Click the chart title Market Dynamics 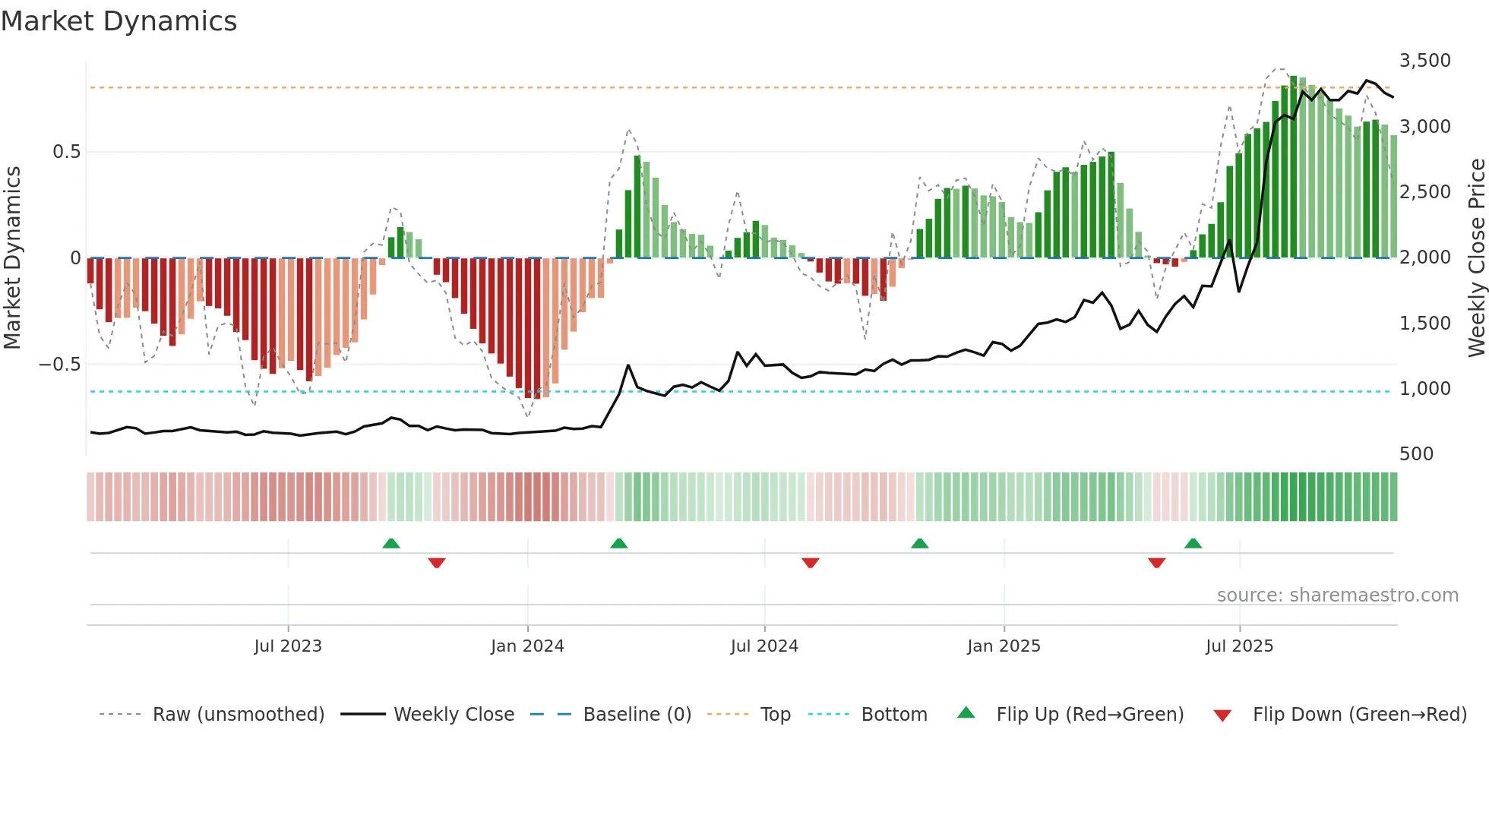point(119,21)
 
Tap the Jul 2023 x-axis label point(288,646)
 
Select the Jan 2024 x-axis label point(527,646)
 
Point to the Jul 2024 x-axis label point(764,646)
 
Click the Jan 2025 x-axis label point(1004,646)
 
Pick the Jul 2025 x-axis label point(1239,646)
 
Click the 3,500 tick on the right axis point(1424,61)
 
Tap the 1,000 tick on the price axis point(1424,389)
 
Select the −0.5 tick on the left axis point(59,365)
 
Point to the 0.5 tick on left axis point(66,152)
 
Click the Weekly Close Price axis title point(1476,258)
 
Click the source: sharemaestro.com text point(1337,595)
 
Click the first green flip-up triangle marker point(391,543)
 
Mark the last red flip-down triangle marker point(1156,563)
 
